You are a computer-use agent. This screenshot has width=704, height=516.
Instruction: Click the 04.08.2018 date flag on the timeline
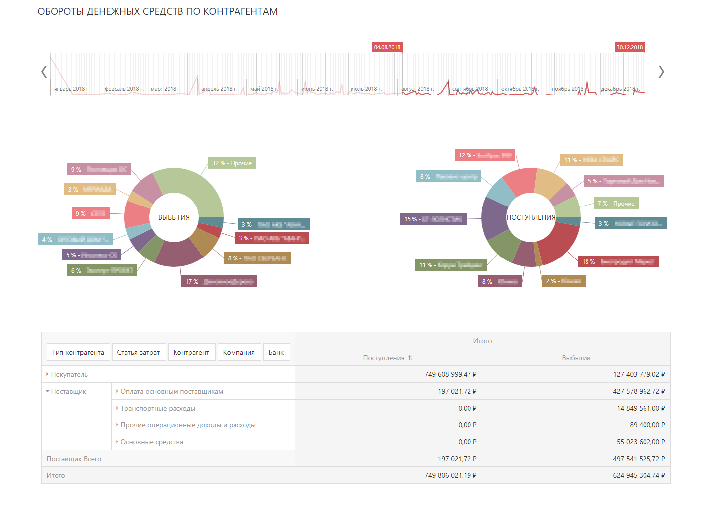pyautogui.click(x=387, y=47)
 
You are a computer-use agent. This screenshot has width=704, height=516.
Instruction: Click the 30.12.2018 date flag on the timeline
pyautogui.click(x=629, y=47)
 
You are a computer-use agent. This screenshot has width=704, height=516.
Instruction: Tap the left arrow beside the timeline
pyautogui.click(x=44, y=72)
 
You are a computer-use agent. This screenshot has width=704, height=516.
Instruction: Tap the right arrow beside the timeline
pyautogui.click(x=661, y=72)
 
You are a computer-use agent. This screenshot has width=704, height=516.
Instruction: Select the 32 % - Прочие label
pyautogui.click(x=232, y=163)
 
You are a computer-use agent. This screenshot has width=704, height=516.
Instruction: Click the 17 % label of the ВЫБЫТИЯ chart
pyautogui.click(x=219, y=282)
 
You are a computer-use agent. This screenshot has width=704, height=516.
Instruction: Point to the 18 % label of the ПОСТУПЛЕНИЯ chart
pyautogui.click(x=618, y=261)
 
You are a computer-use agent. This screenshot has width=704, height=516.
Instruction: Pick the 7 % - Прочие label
pyautogui.click(x=616, y=203)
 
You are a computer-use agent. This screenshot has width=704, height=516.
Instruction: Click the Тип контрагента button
pyautogui.click(x=78, y=352)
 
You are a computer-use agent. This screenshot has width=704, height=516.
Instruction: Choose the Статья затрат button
pyautogui.click(x=138, y=352)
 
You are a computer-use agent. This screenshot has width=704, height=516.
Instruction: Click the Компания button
pyautogui.click(x=238, y=352)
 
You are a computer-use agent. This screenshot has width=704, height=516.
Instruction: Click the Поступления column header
pyautogui.click(x=384, y=358)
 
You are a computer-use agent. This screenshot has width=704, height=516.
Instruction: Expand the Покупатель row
pyautogui.click(x=48, y=374)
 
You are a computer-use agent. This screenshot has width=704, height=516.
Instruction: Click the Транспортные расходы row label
pyautogui.click(x=158, y=408)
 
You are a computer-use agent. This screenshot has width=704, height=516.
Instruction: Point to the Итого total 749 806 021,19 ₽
pyautogui.click(x=450, y=475)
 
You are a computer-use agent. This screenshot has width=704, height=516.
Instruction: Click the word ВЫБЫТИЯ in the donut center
pyautogui.click(x=174, y=217)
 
